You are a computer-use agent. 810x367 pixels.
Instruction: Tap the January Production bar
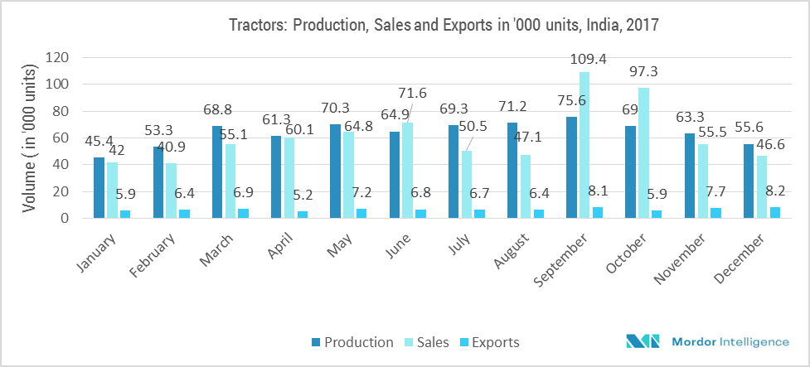coord(99,187)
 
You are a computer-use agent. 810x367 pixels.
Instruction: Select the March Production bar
coord(217,171)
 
